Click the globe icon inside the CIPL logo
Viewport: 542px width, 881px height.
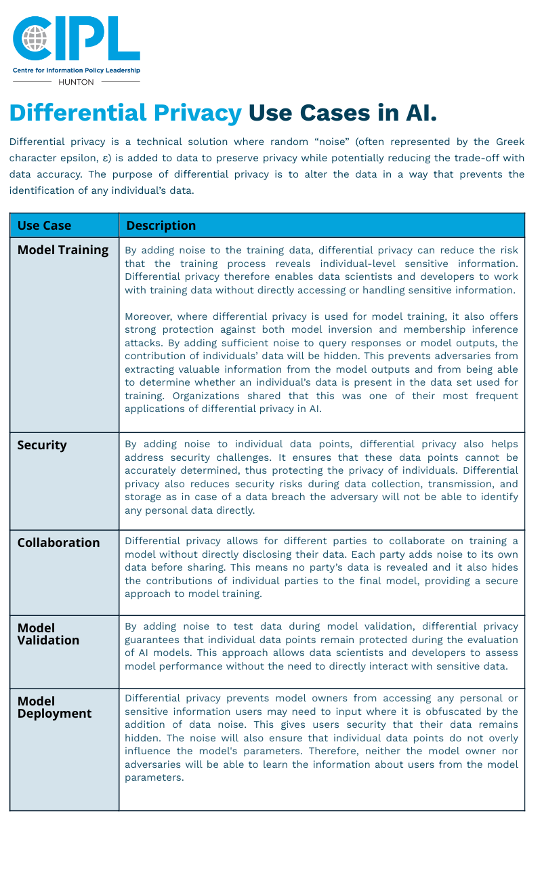click(35, 37)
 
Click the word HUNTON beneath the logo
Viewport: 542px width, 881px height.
click(77, 82)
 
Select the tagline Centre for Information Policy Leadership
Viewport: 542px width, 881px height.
click(77, 70)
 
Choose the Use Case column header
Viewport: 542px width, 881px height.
click(44, 226)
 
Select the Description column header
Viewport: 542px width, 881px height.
click(161, 226)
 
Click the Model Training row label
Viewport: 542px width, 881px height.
click(63, 250)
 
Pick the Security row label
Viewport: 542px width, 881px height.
click(42, 445)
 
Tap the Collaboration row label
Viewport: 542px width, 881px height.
click(58, 543)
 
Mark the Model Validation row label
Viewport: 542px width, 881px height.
click(48, 634)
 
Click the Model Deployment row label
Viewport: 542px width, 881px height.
click(54, 708)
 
